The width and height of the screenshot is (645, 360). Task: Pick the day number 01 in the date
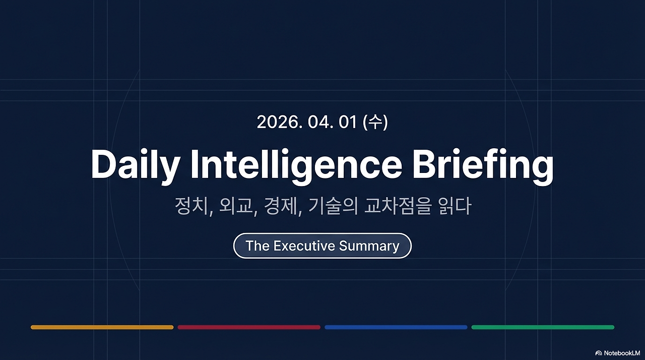click(x=348, y=122)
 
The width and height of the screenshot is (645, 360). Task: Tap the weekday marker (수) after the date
click(x=376, y=122)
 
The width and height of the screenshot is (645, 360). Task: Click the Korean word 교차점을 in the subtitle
click(x=398, y=206)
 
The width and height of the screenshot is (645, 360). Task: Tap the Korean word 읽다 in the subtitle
click(x=455, y=206)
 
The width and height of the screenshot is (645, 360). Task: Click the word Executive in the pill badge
click(x=304, y=246)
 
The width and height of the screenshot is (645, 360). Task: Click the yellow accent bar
click(x=102, y=327)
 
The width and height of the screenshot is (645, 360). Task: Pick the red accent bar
click(x=249, y=327)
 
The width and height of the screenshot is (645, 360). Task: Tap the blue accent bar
click(x=396, y=327)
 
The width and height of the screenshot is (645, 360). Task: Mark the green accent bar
click(x=543, y=327)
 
